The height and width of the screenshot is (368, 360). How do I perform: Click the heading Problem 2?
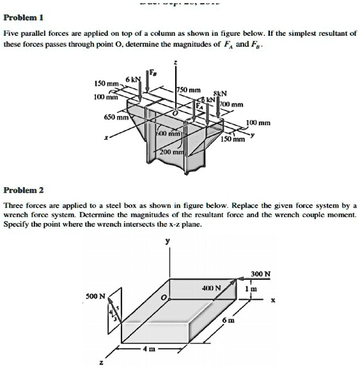click(24, 190)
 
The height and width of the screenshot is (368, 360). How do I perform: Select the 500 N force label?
click(96, 296)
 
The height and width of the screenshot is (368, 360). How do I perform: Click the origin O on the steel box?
click(163, 297)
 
